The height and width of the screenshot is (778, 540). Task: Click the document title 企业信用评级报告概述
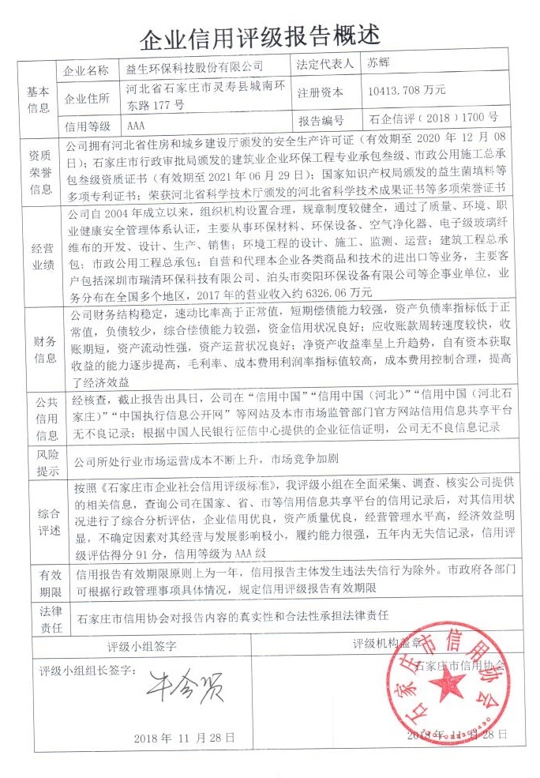click(260, 36)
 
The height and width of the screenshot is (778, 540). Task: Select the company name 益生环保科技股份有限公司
click(192, 69)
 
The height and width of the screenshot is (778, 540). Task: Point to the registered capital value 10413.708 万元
click(407, 90)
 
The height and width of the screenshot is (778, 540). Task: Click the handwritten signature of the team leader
click(184, 684)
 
